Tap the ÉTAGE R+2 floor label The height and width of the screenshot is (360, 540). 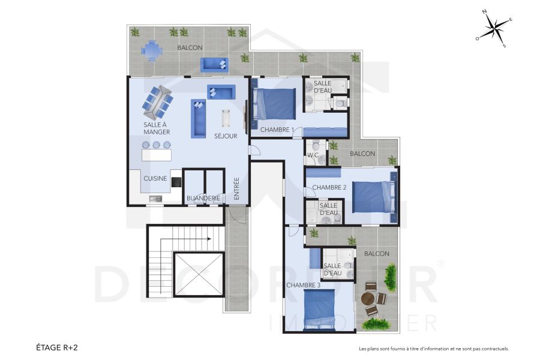pyautogui.click(x=58, y=347)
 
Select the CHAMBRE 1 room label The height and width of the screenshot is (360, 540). pyautogui.click(x=277, y=130)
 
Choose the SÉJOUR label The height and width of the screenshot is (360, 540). pyautogui.click(x=226, y=136)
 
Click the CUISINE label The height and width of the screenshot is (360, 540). pyautogui.click(x=155, y=178)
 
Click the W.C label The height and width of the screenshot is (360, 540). pyautogui.click(x=313, y=155)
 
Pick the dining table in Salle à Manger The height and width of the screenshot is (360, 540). pyautogui.click(x=158, y=102)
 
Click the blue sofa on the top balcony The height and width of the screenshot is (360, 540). pyautogui.click(x=214, y=64)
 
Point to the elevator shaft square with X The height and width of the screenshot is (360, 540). pyautogui.click(x=198, y=274)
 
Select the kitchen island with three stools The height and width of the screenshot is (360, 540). pyautogui.click(x=156, y=154)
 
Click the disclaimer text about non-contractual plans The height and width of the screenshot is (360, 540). pyautogui.click(x=433, y=349)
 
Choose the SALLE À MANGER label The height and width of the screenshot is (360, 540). pyautogui.click(x=157, y=128)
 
